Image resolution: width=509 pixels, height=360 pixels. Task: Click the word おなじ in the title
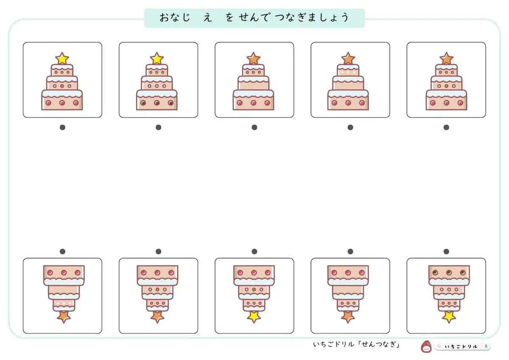tap(175, 17)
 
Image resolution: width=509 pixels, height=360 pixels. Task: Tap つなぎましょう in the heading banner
tap(312, 17)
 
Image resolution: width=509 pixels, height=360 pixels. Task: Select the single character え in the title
tap(207, 17)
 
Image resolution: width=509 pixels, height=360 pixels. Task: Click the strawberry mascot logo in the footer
tap(426, 346)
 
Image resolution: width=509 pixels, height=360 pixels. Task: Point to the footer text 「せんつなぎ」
tap(379, 344)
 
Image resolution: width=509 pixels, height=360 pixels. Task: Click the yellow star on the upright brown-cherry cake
tap(157, 59)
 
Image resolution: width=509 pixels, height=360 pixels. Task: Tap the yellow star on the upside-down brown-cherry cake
tap(449, 317)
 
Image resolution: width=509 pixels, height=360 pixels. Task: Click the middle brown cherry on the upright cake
tap(157, 103)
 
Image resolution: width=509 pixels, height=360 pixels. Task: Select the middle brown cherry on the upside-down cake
tap(449, 273)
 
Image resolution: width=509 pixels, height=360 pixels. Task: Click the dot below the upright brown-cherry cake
tap(158, 127)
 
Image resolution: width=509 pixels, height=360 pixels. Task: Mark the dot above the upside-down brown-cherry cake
tap(446, 251)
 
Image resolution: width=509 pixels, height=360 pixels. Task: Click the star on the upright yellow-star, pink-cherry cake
tap(62, 59)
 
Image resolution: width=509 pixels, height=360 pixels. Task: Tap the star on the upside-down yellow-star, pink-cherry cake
tap(254, 317)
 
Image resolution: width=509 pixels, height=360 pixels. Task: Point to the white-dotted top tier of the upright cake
tap(348, 70)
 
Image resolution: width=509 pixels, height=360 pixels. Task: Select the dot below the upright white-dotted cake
tap(350, 127)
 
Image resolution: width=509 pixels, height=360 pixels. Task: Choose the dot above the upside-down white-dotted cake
tap(62, 251)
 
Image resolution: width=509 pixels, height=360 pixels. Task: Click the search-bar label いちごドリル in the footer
tap(461, 346)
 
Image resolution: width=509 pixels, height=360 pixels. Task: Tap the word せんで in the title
tap(254, 17)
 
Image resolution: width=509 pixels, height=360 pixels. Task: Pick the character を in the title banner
tap(229, 17)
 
